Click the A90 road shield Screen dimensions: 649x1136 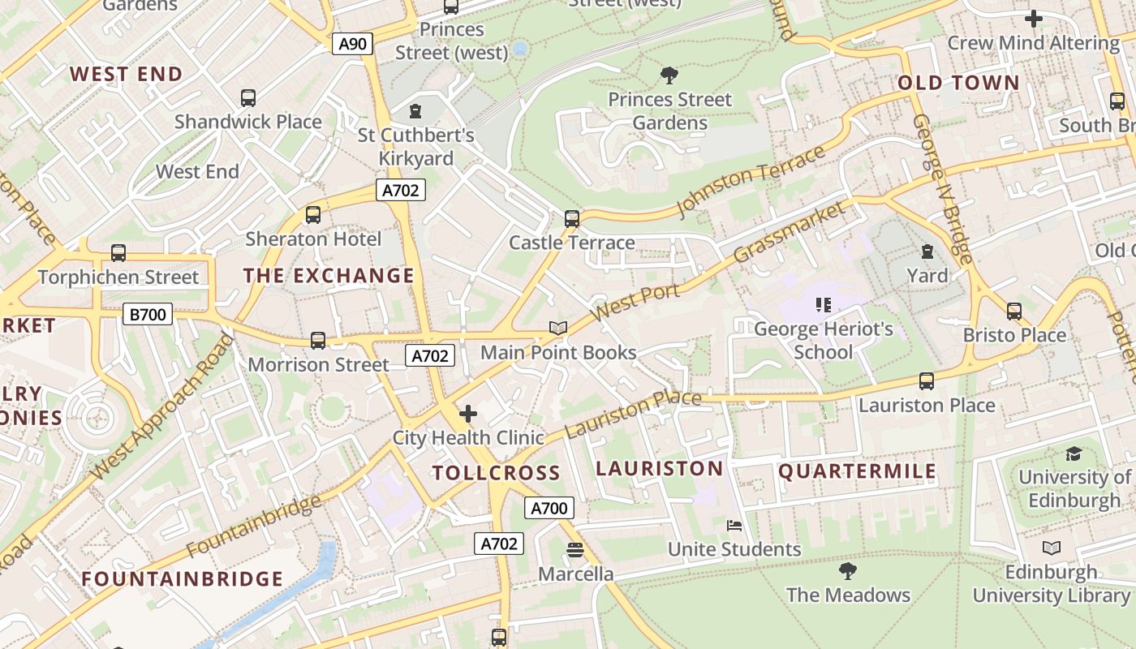[352, 43]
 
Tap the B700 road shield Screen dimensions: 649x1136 [148, 314]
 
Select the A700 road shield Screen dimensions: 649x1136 [549, 509]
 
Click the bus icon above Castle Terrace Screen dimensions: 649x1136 [572, 218]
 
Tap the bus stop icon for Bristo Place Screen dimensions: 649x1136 [1013, 311]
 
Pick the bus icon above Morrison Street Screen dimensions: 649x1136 [318, 341]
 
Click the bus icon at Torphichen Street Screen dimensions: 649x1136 [118, 252]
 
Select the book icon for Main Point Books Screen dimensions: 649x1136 [557, 328]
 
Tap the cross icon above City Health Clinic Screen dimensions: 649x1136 [468, 414]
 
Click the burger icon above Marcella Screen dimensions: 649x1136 [575, 550]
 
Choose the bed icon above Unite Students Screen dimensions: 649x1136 [734, 526]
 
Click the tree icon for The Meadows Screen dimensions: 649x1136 [848, 571]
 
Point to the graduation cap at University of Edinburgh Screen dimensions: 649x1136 [1074, 453]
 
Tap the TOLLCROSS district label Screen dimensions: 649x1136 [496, 473]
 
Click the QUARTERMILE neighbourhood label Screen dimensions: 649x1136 [858, 471]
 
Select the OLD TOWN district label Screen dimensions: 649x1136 [958, 83]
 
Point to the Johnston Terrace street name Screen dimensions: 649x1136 [751, 183]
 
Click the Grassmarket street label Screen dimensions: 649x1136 [789, 233]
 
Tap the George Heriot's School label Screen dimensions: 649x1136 [824, 341]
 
